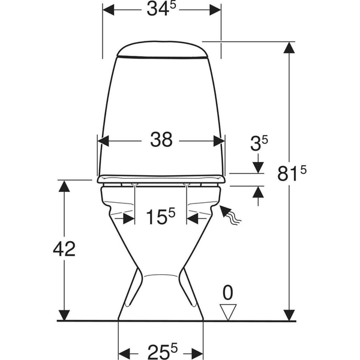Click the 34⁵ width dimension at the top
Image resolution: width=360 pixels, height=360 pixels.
pyautogui.click(x=161, y=9)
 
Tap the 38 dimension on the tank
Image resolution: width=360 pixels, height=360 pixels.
pyautogui.click(x=161, y=140)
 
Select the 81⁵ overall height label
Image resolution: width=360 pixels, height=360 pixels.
pyautogui.click(x=292, y=173)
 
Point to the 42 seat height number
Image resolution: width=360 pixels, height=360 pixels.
pyautogui.click(x=64, y=249)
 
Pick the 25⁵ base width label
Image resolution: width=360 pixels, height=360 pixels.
pyautogui.click(x=163, y=351)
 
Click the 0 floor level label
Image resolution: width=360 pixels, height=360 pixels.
pyautogui.click(x=228, y=293)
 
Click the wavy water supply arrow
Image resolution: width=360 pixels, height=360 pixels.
pyautogui.click(x=230, y=215)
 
